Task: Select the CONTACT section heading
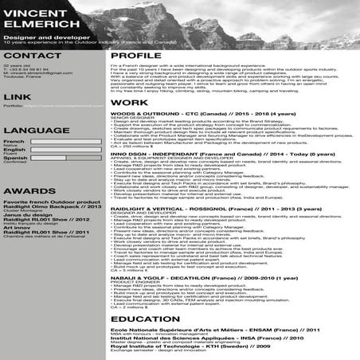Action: point(33,55)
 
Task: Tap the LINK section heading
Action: point(17,96)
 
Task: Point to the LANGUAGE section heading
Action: point(36,128)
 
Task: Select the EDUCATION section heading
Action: point(151,319)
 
